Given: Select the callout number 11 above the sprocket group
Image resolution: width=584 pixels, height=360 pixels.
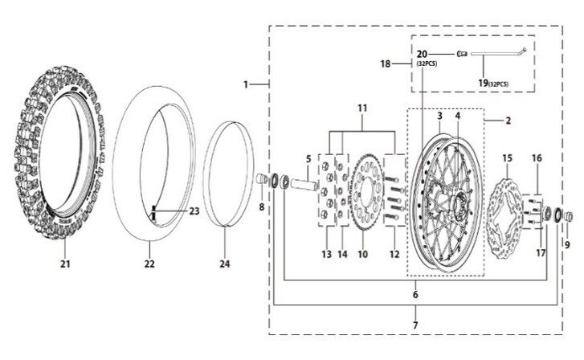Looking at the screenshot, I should click(361, 107).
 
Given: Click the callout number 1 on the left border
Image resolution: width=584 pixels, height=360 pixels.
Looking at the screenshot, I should click(247, 84).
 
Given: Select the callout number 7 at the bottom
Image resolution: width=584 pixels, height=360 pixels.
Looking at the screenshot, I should click(415, 327).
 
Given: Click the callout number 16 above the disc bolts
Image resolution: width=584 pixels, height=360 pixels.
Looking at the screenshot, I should click(536, 159).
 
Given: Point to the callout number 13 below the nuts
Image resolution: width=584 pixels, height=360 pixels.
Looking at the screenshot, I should click(327, 254).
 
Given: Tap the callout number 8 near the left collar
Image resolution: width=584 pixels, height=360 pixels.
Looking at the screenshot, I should click(261, 207).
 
